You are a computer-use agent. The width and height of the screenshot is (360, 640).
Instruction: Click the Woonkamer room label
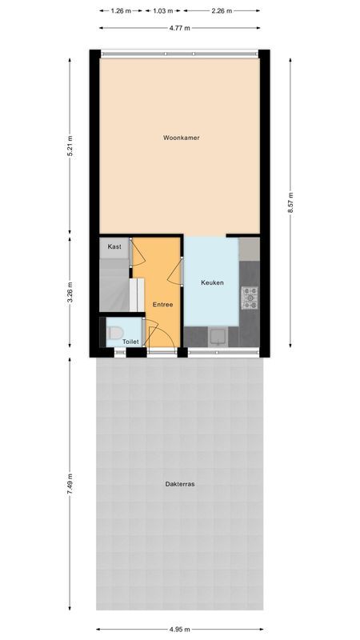(x=181, y=138)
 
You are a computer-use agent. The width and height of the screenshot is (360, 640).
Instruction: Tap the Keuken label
(x=212, y=282)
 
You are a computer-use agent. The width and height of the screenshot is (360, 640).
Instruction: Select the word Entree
(x=162, y=305)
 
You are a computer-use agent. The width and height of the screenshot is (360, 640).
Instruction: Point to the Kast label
(x=114, y=247)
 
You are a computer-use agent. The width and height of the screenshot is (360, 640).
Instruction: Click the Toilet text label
(x=130, y=342)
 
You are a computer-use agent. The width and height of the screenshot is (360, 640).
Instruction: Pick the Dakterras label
(x=180, y=484)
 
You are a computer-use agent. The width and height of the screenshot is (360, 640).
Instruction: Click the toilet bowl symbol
(x=115, y=330)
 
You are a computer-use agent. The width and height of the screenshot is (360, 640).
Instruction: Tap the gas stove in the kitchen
(x=250, y=299)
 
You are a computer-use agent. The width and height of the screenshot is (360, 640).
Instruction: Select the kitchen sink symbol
(x=217, y=336)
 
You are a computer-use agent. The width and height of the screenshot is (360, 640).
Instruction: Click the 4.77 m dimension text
(x=180, y=28)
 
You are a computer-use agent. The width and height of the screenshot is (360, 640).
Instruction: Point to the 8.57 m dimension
(x=291, y=203)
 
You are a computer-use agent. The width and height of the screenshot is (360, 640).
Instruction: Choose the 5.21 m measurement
(x=70, y=145)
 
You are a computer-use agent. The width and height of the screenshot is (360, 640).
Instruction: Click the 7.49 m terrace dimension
(x=70, y=486)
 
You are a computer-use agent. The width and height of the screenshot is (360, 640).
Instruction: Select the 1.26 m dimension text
(x=121, y=10)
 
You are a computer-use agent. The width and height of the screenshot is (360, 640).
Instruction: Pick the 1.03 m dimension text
(x=163, y=10)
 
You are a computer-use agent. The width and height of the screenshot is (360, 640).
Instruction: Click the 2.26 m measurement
(x=222, y=10)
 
